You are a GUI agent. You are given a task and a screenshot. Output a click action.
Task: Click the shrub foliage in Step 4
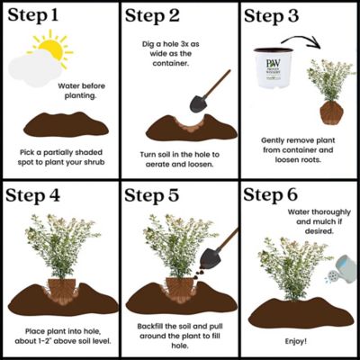(62, 243)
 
